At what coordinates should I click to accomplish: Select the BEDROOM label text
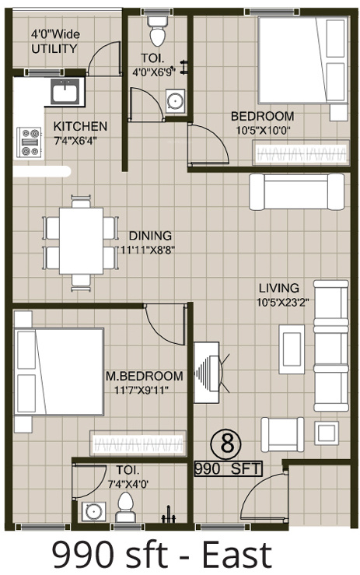point(262,117)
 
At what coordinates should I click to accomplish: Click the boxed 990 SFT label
point(228,468)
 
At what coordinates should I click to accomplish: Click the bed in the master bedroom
point(58,372)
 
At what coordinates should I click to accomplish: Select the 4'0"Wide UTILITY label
point(54,42)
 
